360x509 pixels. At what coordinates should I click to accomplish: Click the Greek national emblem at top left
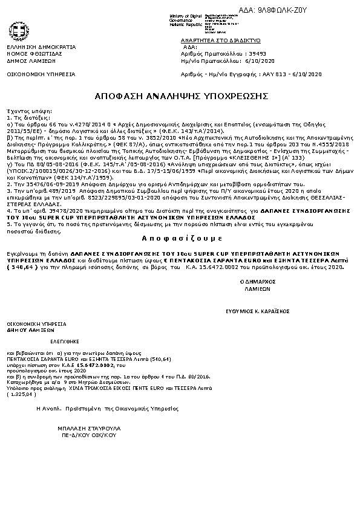coord(18,31)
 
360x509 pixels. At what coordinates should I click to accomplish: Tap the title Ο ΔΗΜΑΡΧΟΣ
coord(255,282)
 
